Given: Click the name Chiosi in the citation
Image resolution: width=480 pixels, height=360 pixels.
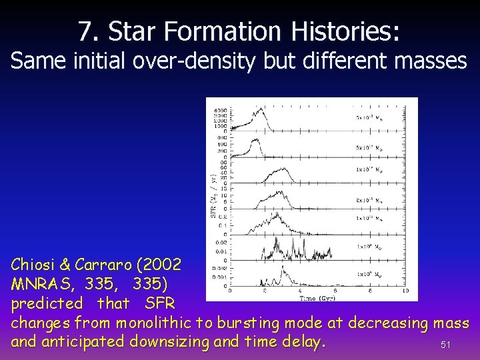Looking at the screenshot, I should click(34, 265).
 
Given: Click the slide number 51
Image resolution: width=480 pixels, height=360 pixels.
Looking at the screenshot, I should click(446, 345).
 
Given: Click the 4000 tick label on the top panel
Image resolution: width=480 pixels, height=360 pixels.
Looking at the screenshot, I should click(219, 110).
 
